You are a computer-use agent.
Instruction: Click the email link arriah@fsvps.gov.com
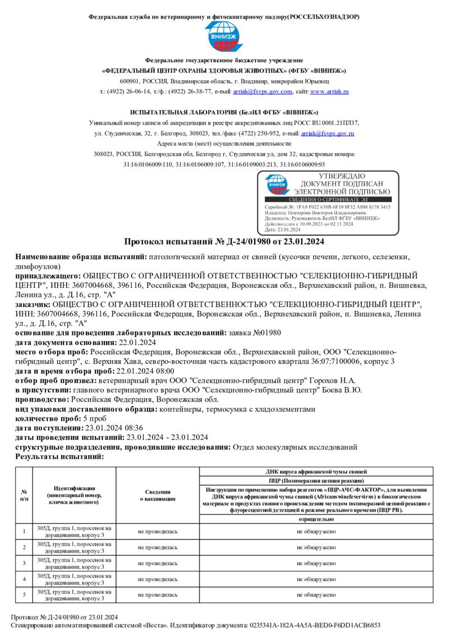(x=263, y=91)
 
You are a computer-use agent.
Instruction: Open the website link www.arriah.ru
(x=329, y=91)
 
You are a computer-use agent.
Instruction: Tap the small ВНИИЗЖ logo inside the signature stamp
(x=277, y=184)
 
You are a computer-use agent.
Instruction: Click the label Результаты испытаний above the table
(x=59, y=457)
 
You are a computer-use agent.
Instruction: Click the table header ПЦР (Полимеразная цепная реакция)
(x=317, y=481)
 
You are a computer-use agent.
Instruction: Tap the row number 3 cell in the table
(x=24, y=563)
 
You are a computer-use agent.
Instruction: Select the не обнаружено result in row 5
(x=317, y=594)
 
